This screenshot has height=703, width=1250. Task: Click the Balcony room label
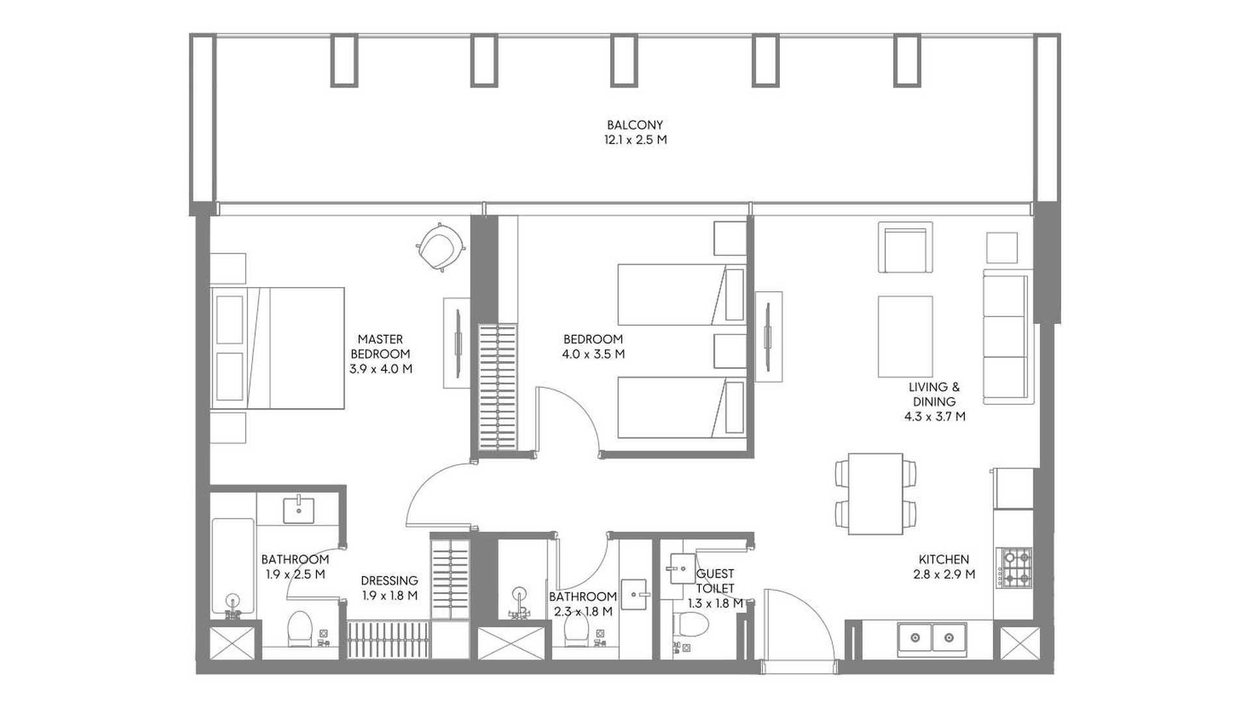(635, 124)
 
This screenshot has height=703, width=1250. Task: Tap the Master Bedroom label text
(380, 346)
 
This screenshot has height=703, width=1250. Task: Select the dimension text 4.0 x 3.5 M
(593, 354)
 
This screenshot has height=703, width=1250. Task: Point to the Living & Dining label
(934, 394)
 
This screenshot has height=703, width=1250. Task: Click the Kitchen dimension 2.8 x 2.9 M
(943, 574)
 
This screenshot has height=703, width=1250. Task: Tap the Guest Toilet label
(715, 581)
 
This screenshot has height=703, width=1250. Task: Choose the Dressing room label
(389, 581)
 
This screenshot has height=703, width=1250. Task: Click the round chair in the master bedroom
(441, 247)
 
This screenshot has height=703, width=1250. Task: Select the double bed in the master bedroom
(277, 348)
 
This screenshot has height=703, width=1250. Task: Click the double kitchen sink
(932, 637)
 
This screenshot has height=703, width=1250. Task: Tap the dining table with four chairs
(876, 494)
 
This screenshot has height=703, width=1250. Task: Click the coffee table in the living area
(905, 337)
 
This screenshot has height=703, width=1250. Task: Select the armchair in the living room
(905, 247)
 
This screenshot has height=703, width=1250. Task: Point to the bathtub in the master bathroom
(232, 567)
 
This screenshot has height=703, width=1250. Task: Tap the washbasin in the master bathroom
(299, 510)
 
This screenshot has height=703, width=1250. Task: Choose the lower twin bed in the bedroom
(682, 407)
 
